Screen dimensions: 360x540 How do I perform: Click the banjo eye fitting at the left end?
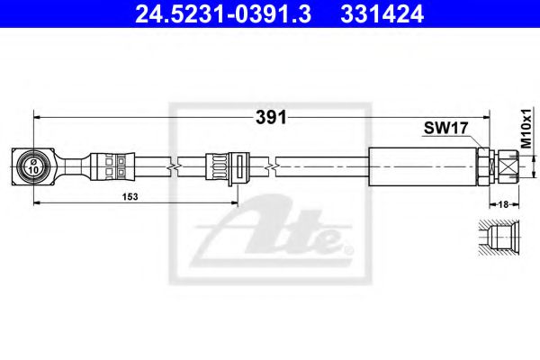32,166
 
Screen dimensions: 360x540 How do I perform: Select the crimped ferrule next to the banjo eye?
113,166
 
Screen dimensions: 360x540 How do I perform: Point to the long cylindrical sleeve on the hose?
421,166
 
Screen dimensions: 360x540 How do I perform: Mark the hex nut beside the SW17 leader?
485,166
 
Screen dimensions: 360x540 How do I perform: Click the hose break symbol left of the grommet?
175,166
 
